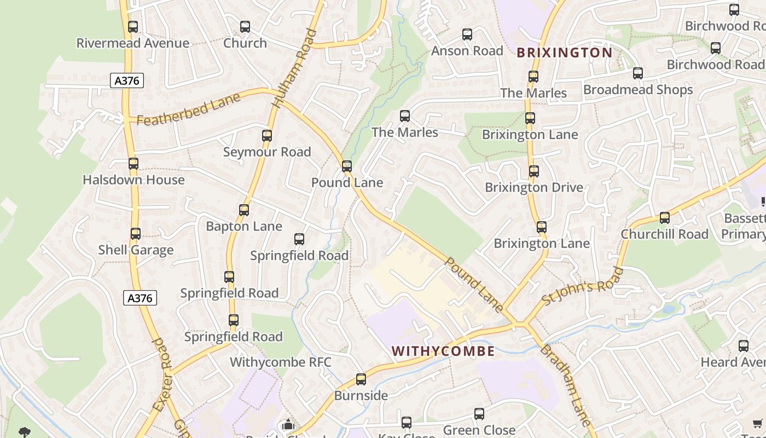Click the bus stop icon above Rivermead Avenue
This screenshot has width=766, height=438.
[x=133, y=26]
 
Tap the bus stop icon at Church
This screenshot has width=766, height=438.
[x=245, y=26]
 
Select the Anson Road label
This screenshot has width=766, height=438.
[x=467, y=51]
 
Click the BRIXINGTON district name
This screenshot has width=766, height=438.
[x=564, y=53]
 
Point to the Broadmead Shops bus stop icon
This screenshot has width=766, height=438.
[x=637, y=73]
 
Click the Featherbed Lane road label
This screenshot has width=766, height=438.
[x=188, y=109]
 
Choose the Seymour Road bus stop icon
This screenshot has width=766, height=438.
[x=267, y=135]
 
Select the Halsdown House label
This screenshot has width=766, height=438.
[x=134, y=180]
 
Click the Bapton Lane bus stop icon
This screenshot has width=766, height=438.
[x=244, y=210]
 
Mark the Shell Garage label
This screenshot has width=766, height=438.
[x=136, y=250]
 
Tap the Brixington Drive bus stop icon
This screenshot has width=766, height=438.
[x=534, y=171]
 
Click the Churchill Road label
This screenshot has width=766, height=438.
[x=664, y=234]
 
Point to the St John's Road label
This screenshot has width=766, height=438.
[x=582, y=287]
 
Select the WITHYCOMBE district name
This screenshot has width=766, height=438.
[x=443, y=351]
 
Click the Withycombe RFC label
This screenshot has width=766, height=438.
[x=280, y=362]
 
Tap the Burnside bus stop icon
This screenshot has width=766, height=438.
[x=361, y=379]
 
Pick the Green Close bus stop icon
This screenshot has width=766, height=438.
[x=479, y=414]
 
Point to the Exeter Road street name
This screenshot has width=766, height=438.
[x=163, y=374]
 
